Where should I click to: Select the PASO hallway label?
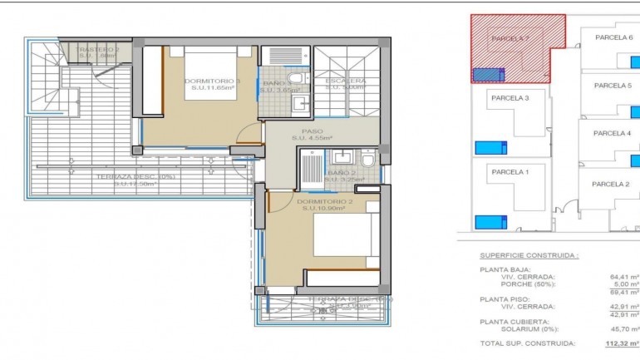313,131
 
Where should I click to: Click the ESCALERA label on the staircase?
345,81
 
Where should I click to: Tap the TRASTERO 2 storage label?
99,50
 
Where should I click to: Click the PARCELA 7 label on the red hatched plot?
510,38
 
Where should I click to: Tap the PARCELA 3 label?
510,97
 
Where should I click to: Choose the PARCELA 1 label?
510,171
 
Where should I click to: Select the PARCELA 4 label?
613,133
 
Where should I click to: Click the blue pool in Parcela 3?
490,148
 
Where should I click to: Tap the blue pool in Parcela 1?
490,222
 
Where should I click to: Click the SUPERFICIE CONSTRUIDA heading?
529,256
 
